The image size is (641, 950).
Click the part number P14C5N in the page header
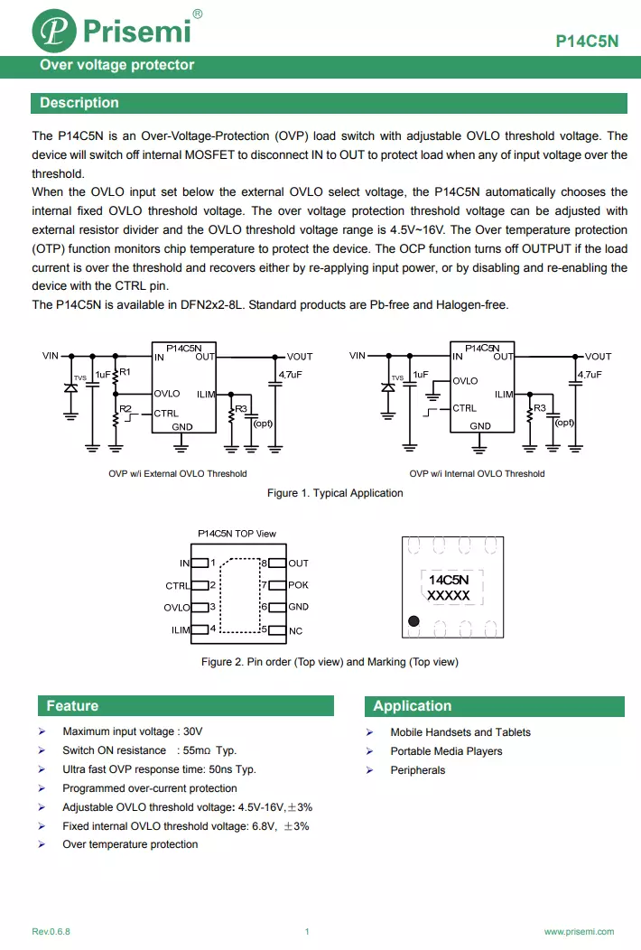tap(587, 42)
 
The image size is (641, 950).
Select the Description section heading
tap(79, 103)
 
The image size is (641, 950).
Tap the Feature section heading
tap(72, 706)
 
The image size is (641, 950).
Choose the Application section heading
tap(412, 706)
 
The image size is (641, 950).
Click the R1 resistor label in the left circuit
tap(125, 372)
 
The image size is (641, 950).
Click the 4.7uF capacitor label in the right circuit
tap(589, 374)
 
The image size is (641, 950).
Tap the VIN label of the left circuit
tap(51, 356)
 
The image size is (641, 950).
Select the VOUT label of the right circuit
tap(598, 357)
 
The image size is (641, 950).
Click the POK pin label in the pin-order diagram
tap(298, 585)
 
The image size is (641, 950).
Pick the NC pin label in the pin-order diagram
tap(295, 630)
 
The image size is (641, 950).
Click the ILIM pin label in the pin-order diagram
tap(181, 629)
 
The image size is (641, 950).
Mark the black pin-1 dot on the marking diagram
tap(413, 621)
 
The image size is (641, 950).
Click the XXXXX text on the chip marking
tap(448, 596)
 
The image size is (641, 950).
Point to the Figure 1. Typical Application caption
tap(335, 493)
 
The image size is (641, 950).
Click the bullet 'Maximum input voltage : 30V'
tap(133, 731)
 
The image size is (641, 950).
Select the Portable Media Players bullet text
tap(446, 751)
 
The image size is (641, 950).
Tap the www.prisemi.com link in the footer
tap(579, 931)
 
